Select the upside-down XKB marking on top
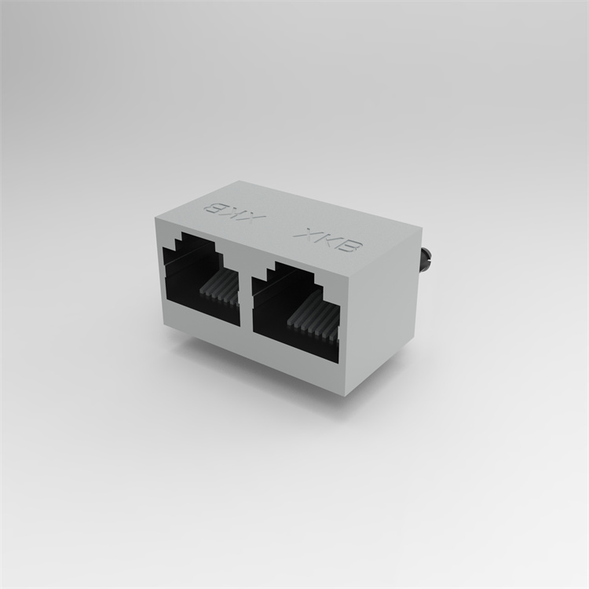[x=234, y=214]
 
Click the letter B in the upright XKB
[x=352, y=248]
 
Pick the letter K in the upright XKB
[x=329, y=240]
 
